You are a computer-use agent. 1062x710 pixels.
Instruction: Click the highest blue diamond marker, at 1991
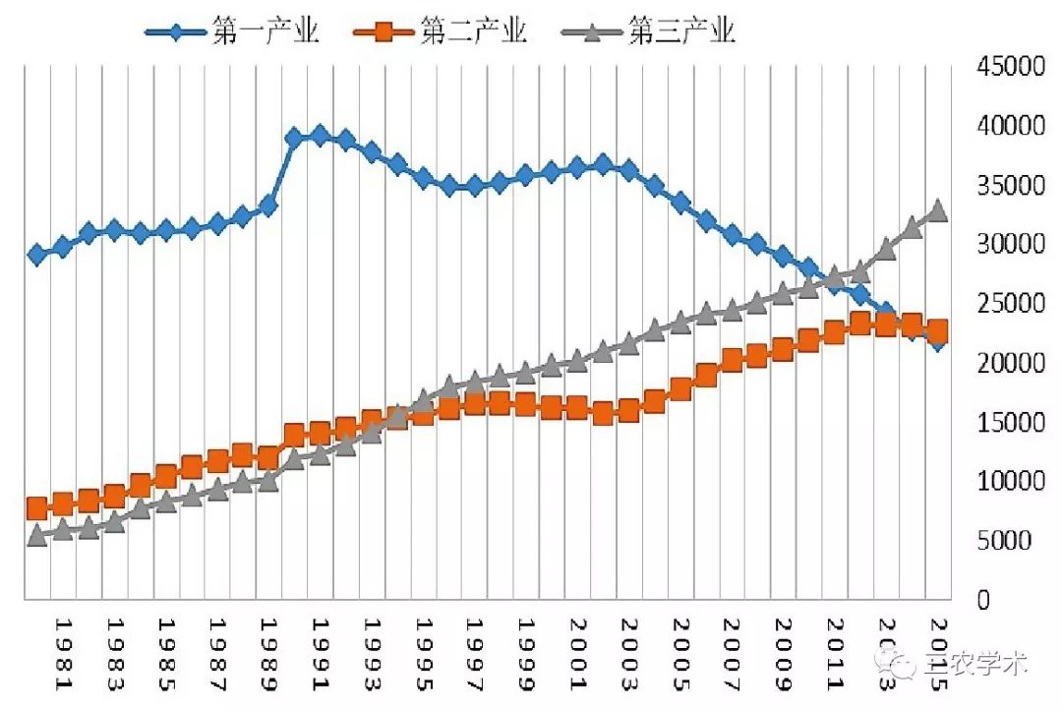click(x=320, y=135)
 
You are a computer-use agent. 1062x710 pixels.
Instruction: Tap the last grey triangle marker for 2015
click(x=937, y=210)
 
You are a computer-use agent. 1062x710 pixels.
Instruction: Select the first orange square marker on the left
click(x=37, y=508)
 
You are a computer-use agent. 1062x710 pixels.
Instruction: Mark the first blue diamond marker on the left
click(x=37, y=255)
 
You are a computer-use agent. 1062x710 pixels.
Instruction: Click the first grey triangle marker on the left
click(x=37, y=535)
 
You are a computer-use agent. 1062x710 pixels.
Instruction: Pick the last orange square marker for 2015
click(x=937, y=330)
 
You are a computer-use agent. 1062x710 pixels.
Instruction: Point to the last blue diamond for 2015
click(x=937, y=342)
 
